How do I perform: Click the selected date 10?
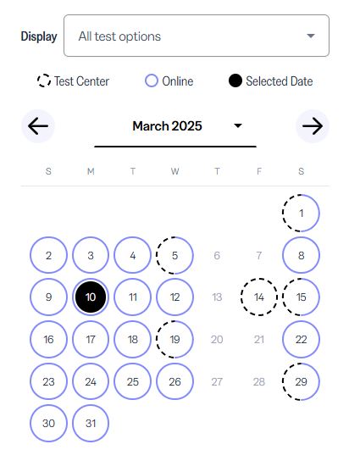91,297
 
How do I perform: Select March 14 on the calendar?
259,297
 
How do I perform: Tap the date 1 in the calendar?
301,214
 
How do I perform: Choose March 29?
301,381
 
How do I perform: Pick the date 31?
91,424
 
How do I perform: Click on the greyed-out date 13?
217,297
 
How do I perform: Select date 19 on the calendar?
174,340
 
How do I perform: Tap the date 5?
174,256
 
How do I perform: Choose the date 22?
301,340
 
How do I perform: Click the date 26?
174,381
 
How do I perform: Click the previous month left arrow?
38,125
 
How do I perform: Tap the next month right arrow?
313,125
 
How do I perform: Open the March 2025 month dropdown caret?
238,125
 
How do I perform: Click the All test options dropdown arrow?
311,36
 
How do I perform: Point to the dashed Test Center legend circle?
44,81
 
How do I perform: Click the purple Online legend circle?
151,81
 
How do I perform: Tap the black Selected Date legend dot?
235,81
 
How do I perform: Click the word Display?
39,36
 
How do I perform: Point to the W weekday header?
174,171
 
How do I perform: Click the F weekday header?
259,171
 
